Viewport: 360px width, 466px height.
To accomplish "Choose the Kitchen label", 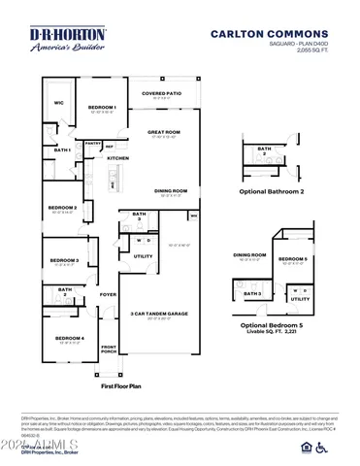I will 118,158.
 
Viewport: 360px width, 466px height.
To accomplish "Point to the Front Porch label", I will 108,349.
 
